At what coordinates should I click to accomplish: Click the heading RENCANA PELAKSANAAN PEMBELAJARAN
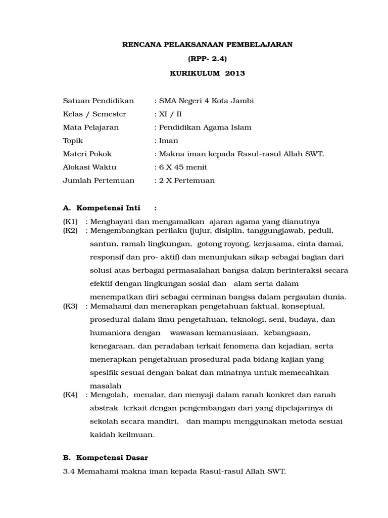pos(208,45)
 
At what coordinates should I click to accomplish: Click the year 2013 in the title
pos(235,73)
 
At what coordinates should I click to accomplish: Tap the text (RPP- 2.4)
pos(208,59)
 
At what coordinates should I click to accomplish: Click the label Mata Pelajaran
pos(91,127)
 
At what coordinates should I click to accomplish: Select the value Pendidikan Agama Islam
pos(205,127)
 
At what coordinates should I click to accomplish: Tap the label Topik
pos(73,141)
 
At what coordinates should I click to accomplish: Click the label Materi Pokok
pos(87,154)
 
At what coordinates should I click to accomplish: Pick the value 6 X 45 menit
pos(183,167)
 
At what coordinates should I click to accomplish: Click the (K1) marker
pos(70,221)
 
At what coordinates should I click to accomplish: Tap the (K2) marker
pos(70,230)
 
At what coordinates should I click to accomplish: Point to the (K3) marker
pos(70,306)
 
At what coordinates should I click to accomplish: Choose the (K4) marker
pos(70,395)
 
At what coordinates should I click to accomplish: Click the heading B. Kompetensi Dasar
pos(105,457)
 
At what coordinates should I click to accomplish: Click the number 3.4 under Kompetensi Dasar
pos(69,471)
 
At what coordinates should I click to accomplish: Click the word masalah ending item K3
pos(104,385)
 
